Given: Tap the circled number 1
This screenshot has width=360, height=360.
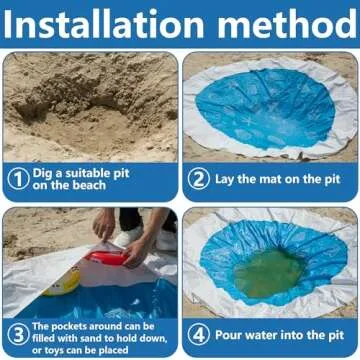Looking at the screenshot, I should point(18,180).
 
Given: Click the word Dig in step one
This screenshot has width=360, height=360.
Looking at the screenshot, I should point(45,173).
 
